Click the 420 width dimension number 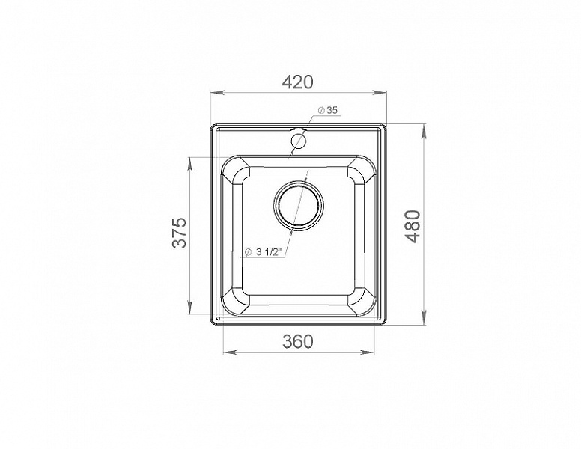(x=297, y=82)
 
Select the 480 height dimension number (x=413, y=226)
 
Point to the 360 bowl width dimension (x=297, y=341)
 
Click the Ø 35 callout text (x=328, y=110)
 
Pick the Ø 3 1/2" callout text (x=264, y=252)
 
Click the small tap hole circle (x=298, y=141)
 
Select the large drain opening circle (x=298, y=204)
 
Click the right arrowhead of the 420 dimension (x=380, y=93)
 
